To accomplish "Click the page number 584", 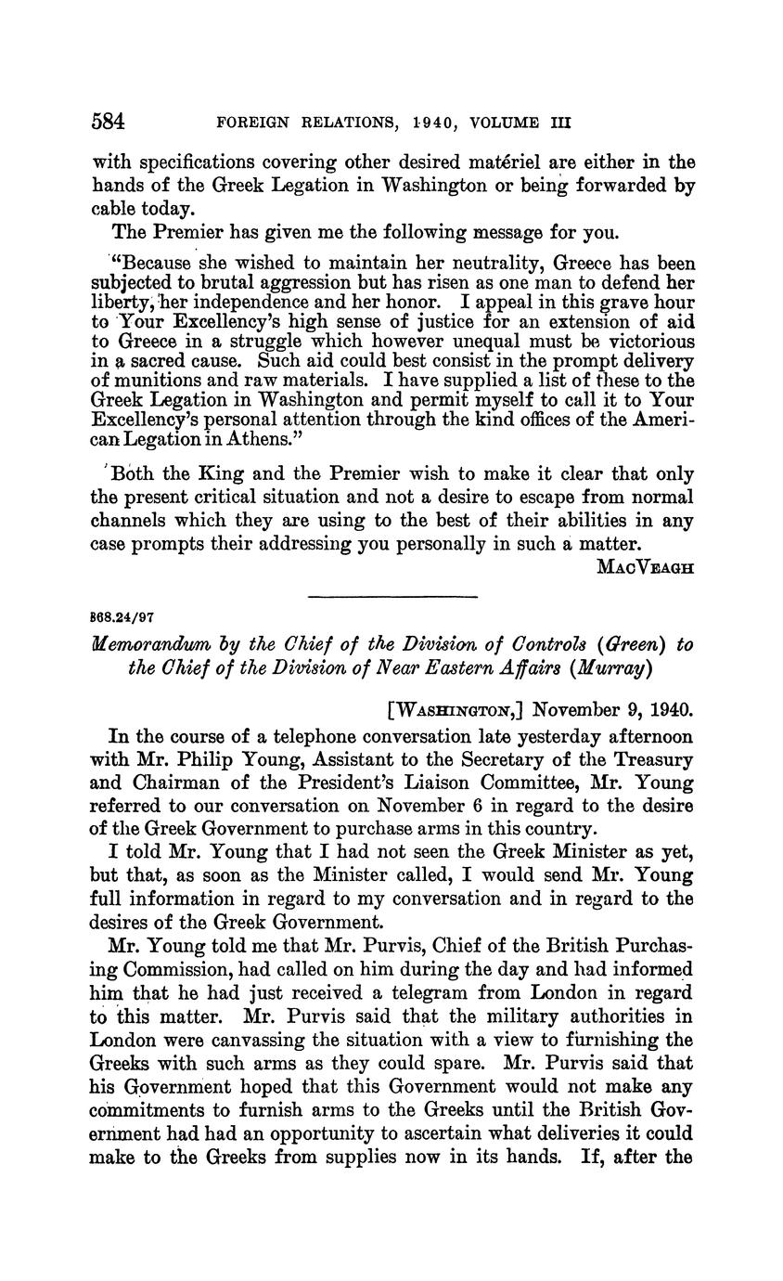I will (109, 122).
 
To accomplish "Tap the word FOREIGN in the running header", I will (251, 122).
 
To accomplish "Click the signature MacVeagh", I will (645, 566).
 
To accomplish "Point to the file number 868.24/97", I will (122, 615).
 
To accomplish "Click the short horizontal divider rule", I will (391, 595).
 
